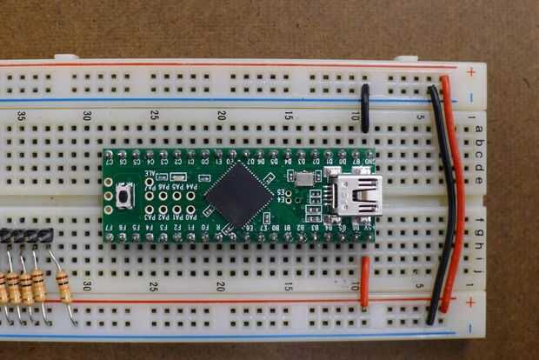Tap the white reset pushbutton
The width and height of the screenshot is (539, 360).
tap(127, 196)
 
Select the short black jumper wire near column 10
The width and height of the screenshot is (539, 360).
tap(365, 108)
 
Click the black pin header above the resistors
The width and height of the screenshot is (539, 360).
tap(26, 235)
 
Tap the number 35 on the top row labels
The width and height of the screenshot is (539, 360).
tap(21, 116)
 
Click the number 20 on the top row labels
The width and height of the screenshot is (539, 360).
tap(222, 116)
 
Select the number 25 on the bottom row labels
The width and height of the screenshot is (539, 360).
tap(155, 285)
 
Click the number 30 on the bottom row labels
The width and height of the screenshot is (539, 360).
tap(88, 285)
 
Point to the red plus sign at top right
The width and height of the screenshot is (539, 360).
tap(470, 71)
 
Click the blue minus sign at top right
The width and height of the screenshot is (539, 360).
tap(470, 98)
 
